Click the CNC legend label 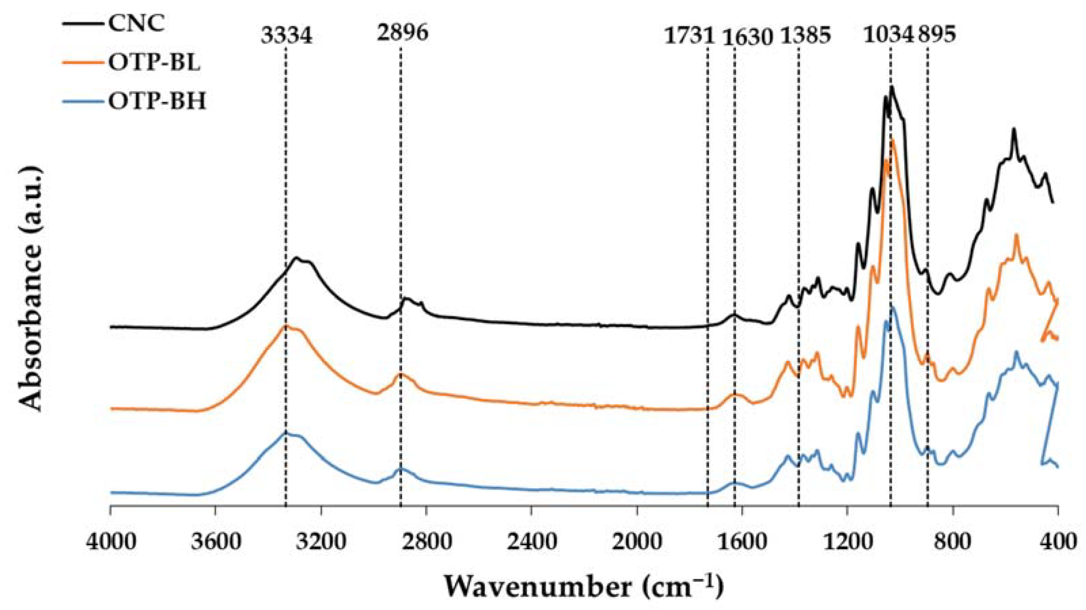136,24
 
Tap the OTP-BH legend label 157,101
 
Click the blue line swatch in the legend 83,101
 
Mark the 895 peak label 937,35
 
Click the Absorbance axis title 32,288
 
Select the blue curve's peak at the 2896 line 401,467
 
